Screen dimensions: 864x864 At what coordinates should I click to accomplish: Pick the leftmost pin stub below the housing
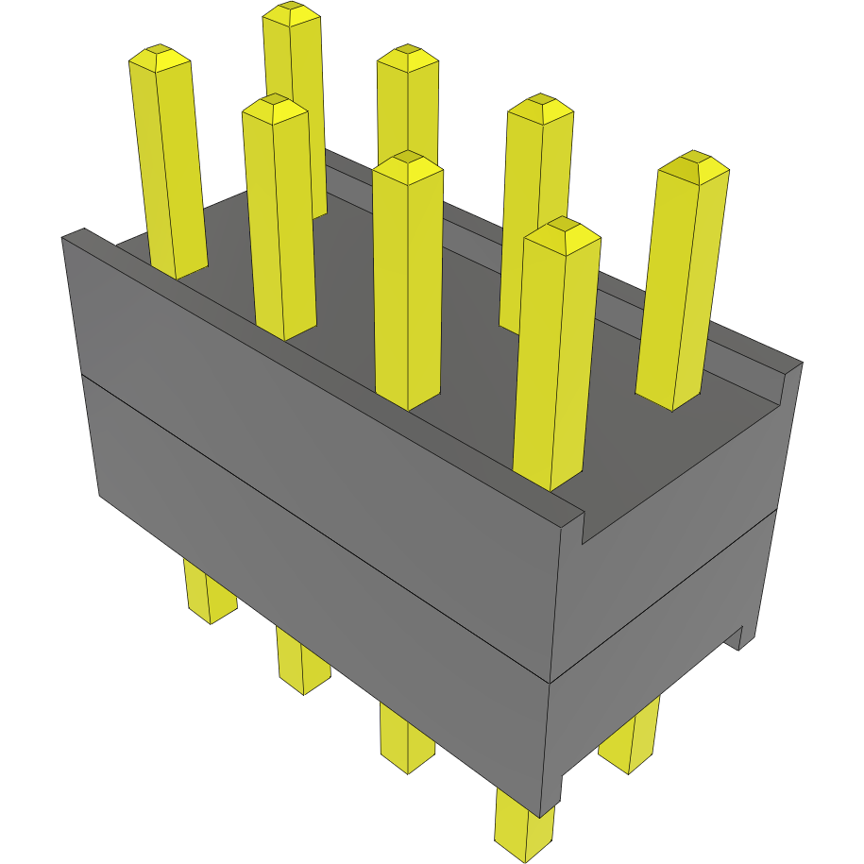(x=208, y=595)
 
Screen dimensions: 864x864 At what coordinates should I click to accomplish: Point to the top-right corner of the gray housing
(x=801, y=363)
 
